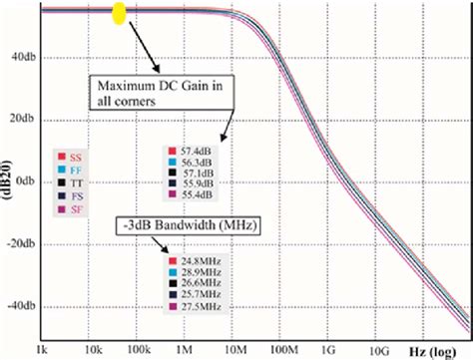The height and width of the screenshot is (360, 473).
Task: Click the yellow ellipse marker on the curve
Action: pos(119,14)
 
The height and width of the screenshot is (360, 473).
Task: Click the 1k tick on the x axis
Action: pos(41,349)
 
